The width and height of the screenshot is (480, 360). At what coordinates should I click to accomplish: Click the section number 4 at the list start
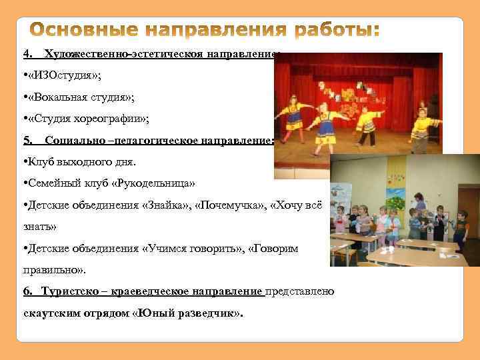coord(27,53)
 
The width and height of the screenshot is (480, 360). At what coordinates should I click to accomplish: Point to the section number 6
coord(27,293)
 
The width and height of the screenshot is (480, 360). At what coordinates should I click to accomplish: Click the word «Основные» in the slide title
coord(87,31)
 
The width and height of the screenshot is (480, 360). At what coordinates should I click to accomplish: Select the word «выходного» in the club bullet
coord(70,162)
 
